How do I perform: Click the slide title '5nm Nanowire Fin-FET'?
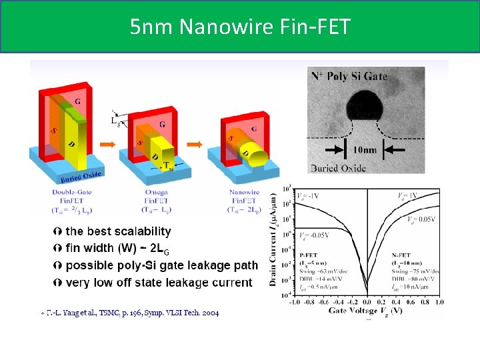[x=239, y=27]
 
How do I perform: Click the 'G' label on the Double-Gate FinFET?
[x=79, y=101]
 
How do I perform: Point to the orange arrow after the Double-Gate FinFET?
[x=105, y=144]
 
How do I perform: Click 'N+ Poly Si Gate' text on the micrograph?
[x=349, y=75]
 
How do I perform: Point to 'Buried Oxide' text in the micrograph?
[x=338, y=168]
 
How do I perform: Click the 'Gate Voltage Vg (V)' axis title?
[x=367, y=311]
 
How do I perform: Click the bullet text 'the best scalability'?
[x=118, y=231]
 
